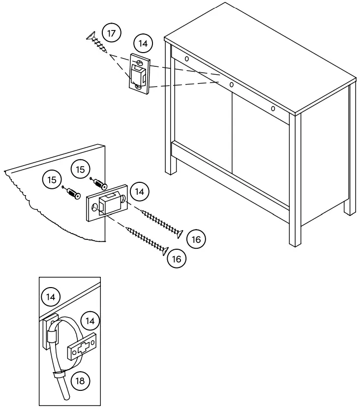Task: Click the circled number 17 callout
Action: coord(111,34)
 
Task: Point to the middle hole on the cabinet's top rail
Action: coord(231,85)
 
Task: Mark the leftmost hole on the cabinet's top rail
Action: coord(187,59)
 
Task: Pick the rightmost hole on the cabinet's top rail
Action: coord(273,108)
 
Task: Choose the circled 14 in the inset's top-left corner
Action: coord(50,296)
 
